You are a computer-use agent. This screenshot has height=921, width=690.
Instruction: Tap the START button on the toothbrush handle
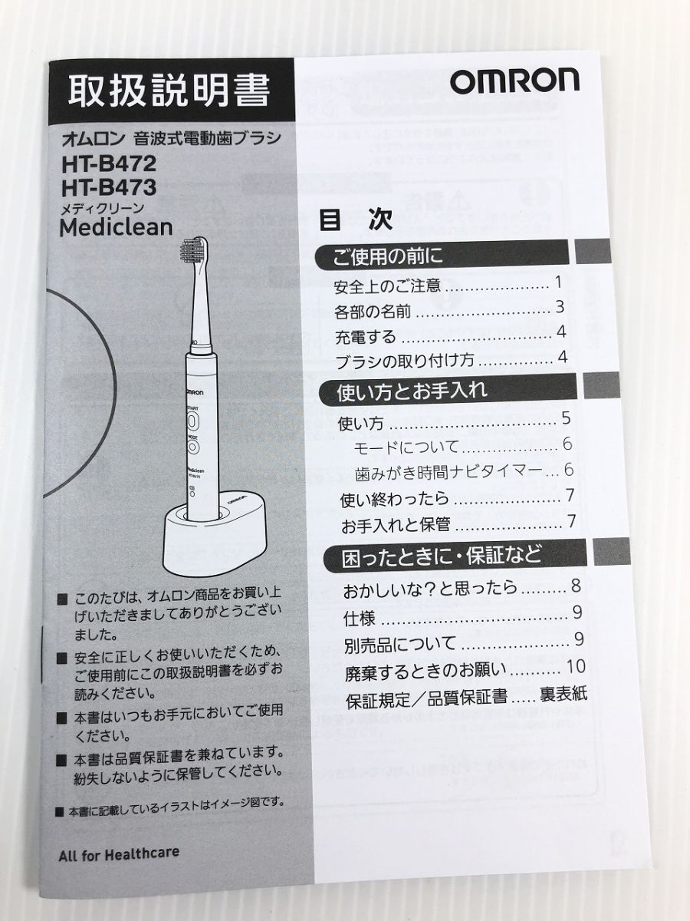(x=192, y=421)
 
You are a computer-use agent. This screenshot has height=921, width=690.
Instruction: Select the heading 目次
(x=356, y=220)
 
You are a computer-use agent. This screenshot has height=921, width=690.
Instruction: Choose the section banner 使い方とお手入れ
(x=412, y=391)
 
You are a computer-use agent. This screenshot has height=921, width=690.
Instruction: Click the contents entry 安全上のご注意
(x=388, y=287)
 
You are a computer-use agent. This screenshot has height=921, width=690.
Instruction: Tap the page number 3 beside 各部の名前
(x=560, y=308)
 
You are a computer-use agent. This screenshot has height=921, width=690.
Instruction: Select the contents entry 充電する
(x=366, y=336)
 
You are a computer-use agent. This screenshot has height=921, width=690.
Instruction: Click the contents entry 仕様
(x=360, y=618)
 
